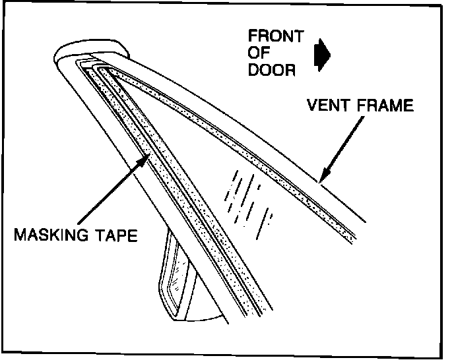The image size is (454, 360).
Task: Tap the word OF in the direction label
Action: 260,54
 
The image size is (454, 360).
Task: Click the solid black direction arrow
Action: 323,54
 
